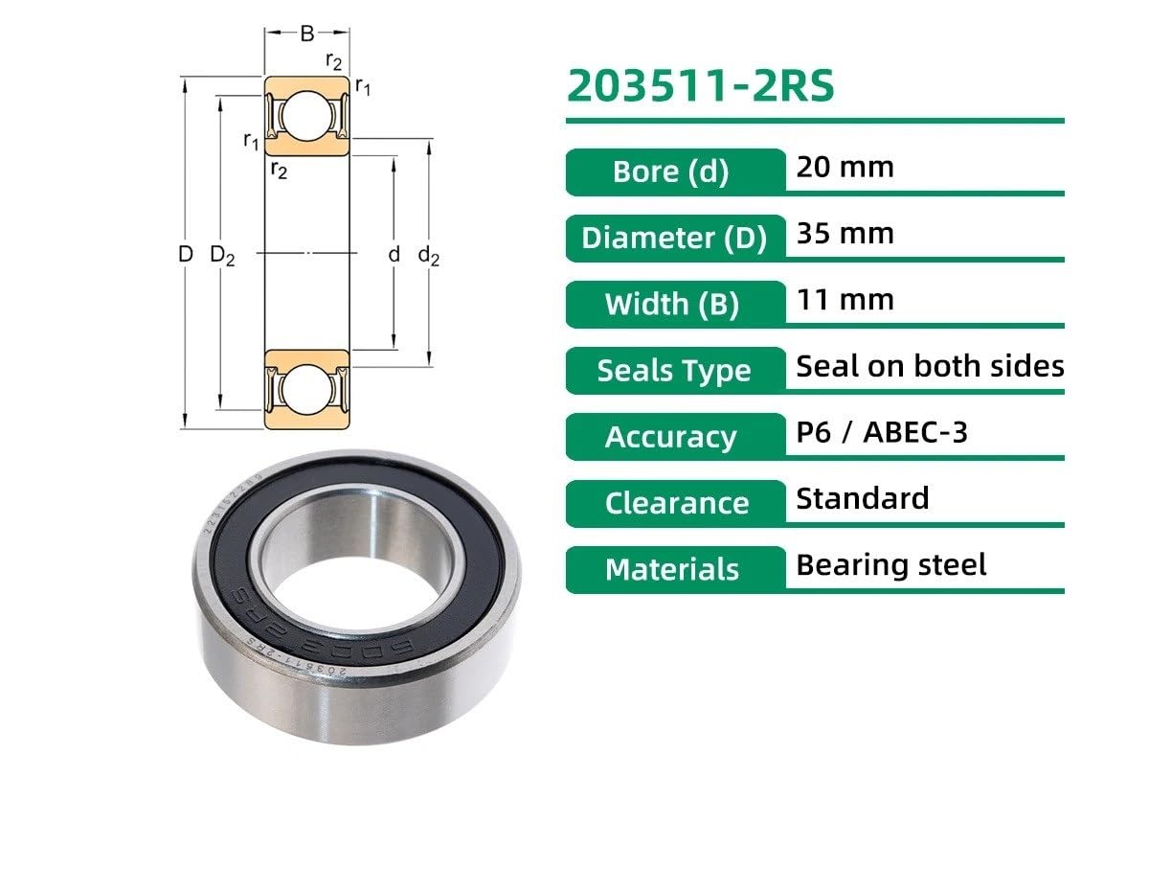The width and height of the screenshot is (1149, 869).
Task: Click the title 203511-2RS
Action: [700, 86]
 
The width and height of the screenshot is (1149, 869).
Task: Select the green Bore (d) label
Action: [670, 172]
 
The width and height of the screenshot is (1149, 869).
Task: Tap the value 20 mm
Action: [845, 168]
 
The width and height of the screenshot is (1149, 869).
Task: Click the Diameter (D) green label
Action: [674, 238]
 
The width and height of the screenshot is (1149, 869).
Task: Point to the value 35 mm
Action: [845, 234]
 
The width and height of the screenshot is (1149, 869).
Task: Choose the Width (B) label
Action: [671, 304]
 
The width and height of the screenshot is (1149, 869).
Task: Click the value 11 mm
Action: [845, 300]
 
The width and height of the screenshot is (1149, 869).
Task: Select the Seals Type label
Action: [673, 370]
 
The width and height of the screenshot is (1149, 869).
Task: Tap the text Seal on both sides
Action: [929, 366]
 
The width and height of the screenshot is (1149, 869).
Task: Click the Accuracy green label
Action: [670, 437]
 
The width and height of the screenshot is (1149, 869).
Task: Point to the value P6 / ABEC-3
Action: [881, 432]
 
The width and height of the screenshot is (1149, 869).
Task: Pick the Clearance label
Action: [676, 503]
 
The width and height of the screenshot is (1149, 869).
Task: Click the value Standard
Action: [862, 498]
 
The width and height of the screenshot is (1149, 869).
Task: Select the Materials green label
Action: [672, 569]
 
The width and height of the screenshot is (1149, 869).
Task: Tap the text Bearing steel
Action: [890, 564]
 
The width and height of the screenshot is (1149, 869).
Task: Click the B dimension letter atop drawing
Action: [306, 34]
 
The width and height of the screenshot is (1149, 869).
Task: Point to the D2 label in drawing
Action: [221, 256]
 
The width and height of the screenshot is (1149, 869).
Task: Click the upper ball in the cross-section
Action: [306, 116]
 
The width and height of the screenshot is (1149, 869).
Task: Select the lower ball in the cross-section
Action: [306, 391]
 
